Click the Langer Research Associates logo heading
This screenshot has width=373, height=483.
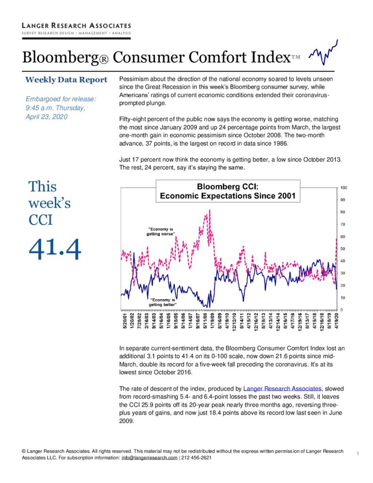click(76, 25)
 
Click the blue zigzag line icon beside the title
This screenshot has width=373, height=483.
click(323, 52)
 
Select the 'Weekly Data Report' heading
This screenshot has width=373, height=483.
click(66, 80)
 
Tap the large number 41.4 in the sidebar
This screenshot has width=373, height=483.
click(55, 249)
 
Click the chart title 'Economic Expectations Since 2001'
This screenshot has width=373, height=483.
click(228, 196)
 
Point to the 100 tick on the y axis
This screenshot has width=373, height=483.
click(344, 188)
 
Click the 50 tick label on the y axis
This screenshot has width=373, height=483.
click(343, 249)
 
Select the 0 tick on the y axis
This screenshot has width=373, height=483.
click(341, 310)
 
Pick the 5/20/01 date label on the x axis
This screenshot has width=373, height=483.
click(125, 321)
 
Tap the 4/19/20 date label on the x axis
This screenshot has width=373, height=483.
click(337, 321)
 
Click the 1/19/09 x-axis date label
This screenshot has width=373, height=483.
click(212, 321)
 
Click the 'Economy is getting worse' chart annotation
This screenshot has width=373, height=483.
click(160, 231)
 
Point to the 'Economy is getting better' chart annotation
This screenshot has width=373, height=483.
click(163, 302)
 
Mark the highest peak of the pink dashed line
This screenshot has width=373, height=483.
click(210, 210)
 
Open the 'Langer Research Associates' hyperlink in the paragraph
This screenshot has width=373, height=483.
click(282, 389)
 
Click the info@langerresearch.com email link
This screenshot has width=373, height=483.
click(149, 458)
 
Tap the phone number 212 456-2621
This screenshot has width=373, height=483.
click(197, 458)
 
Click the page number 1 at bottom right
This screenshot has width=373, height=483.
click(357, 453)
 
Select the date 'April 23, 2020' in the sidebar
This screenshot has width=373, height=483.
click(47, 117)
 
